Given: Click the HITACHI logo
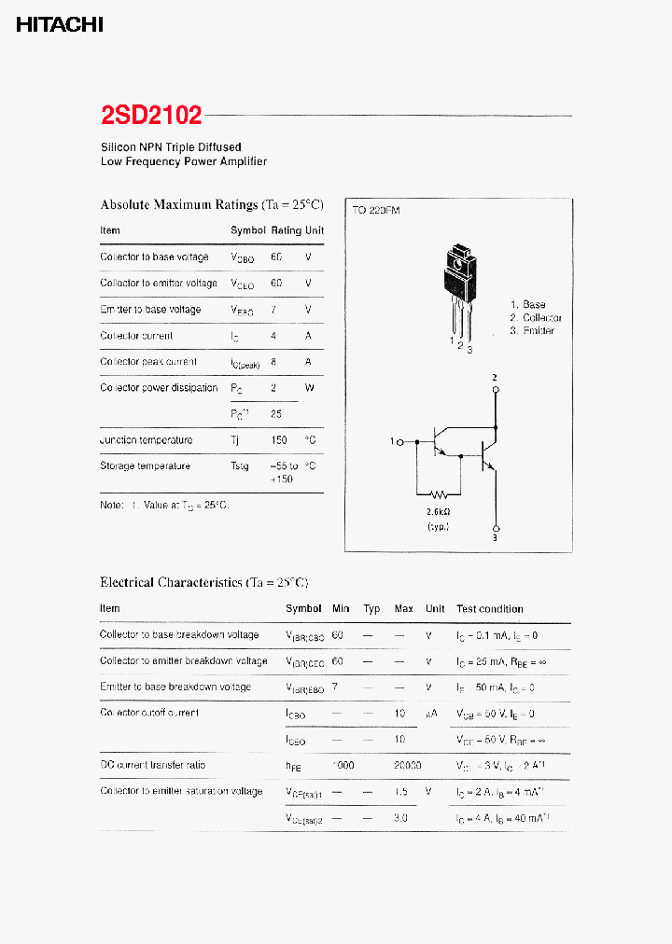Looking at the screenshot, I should (x=60, y=26).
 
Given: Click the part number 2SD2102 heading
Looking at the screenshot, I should (x=151, y=116).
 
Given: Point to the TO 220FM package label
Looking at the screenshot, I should (x=376, y=211).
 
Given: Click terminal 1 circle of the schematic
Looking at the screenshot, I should (x=400, y=442).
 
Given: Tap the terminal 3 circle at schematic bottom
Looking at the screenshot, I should (x=496, y=526).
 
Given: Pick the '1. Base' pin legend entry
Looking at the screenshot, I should (x=528, y=305).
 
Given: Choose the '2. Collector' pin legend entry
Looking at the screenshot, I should (x=536, y=318).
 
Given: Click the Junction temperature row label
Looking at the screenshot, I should (x=147, y=440).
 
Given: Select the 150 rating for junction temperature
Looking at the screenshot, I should (x=277, y=440).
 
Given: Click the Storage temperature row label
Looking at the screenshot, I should (x=146, y=466).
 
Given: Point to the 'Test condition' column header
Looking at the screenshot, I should (x=490, y=609).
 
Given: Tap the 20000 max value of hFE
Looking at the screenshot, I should (x=408, y=765).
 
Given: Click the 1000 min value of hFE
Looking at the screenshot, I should (x=343, y=765).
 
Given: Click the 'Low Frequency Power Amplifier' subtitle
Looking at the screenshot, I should (x=184, y=161).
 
